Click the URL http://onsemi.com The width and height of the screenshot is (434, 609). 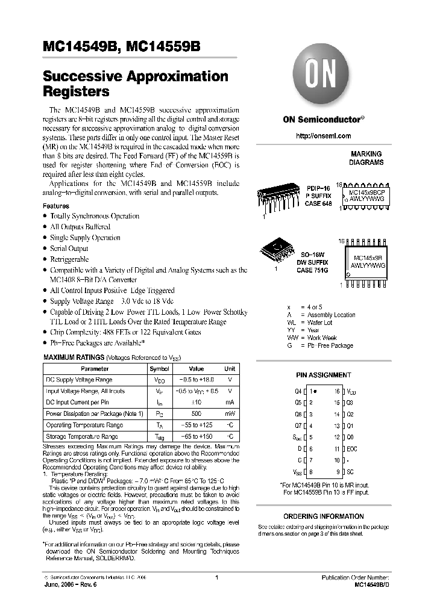[323, 136]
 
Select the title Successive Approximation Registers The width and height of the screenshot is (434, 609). [136, 84]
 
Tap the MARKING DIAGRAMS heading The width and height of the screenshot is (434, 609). [366, 158]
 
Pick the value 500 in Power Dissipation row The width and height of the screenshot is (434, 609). [197, 414]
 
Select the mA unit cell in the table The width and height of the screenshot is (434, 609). [230, 403]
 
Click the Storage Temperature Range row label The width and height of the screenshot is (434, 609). [81, 436]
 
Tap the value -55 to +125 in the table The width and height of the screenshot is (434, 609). [197, 425]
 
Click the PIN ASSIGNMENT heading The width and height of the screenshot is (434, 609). [323, 375]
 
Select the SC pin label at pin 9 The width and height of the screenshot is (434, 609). [350, 472]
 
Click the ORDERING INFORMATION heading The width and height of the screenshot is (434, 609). [323, 516]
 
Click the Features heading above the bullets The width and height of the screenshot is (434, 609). [55, 206]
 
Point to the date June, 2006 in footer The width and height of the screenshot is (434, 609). [61, 584]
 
